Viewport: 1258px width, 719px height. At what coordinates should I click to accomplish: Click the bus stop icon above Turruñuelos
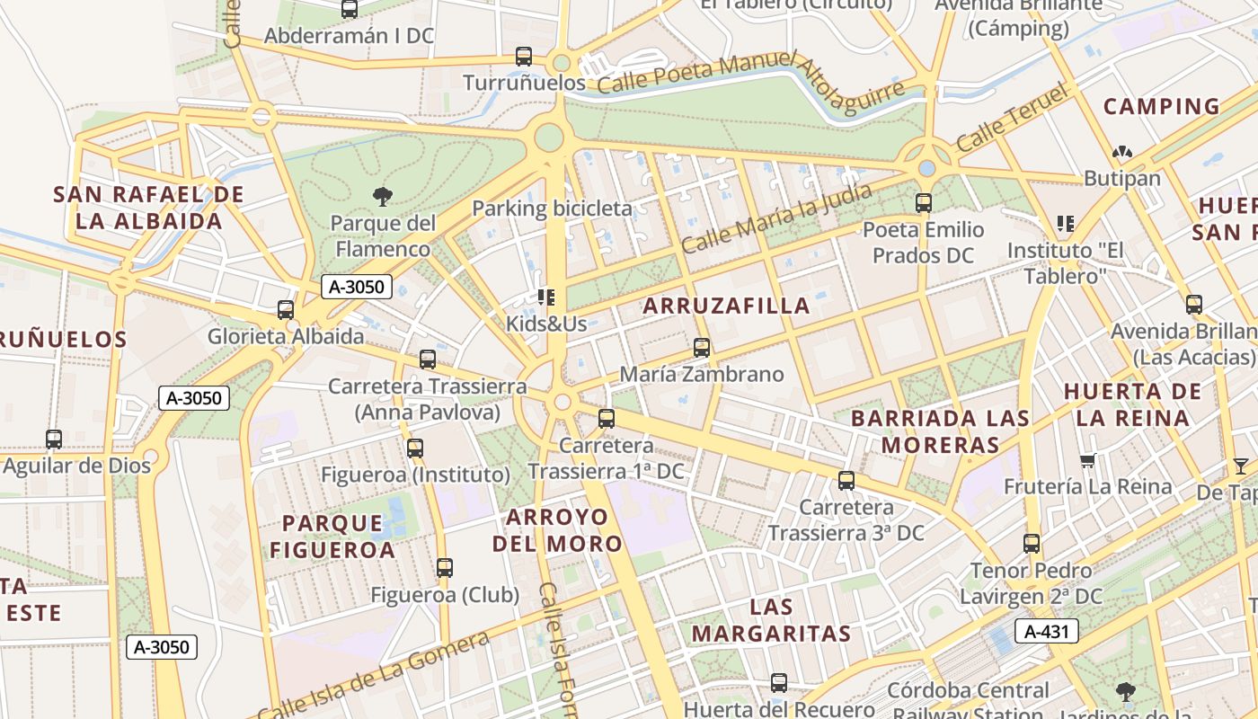524,57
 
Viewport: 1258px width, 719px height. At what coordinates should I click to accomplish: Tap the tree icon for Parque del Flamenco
382,196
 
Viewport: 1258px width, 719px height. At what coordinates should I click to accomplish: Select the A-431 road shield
1047,631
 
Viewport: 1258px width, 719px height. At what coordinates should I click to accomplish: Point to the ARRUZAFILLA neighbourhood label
726,306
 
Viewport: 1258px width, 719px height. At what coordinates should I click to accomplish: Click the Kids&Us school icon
545,297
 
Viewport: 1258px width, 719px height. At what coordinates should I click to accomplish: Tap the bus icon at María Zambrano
702,347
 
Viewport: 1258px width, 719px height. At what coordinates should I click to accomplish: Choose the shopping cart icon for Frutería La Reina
1087,461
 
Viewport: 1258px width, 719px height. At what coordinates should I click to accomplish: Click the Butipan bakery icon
1121,153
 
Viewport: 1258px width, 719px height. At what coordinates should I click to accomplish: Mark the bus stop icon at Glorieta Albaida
286,310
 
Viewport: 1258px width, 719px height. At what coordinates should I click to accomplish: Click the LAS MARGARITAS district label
770,620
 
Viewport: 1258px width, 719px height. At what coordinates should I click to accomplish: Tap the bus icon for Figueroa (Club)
445,568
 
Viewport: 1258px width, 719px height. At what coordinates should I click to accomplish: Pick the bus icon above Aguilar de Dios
54,439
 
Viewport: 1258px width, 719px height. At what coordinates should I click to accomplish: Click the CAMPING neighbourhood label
1161,106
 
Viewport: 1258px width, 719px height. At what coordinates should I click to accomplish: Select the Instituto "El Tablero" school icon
1066,223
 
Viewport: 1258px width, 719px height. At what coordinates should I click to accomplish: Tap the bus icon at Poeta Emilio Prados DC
924,203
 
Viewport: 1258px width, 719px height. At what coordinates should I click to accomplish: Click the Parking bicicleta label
552,209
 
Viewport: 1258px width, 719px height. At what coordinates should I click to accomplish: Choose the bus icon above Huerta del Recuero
779,683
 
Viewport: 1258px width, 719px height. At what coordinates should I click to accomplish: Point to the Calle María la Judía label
775,219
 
